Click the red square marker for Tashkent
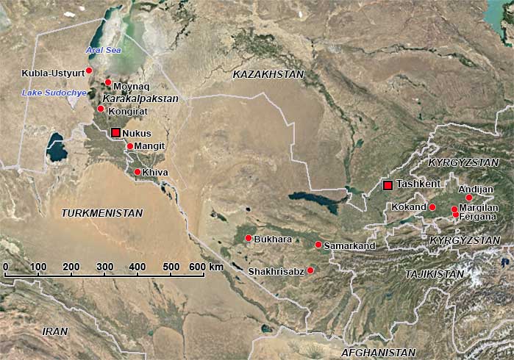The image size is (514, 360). coord(388,184)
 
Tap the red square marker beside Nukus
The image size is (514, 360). coord(115,133)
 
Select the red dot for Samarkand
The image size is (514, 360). coord(318,245)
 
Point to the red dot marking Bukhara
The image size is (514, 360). coord(249,238)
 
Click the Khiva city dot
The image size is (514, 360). coord(137,172)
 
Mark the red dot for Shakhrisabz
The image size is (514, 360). coord(310,270)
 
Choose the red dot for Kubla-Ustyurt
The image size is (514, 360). coord(89,71)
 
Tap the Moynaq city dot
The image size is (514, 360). coord(108,82)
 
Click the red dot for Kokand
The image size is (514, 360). coord(432,207)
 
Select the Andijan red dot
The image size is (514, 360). coord(469,197)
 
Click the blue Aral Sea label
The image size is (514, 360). coord(102,49)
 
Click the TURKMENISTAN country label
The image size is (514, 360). coord(102,212)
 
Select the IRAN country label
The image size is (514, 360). coord(55,331)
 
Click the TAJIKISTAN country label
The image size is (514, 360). coord(435,274)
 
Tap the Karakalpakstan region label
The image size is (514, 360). coord(140,98)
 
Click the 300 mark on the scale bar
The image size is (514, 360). coord(104,266)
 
